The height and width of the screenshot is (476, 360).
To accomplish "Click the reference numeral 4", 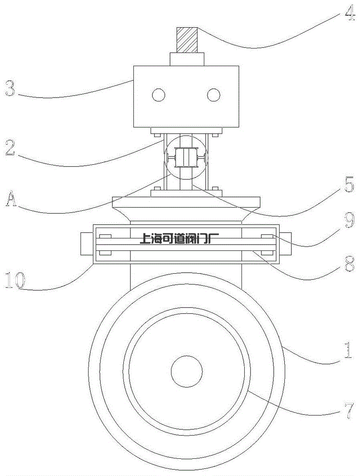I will [349, 15].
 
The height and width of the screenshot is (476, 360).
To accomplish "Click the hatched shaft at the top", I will [187, 40].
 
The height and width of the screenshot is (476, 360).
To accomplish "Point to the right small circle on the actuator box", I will [214, 95].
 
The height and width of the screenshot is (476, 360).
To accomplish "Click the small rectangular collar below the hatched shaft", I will [187, 59].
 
